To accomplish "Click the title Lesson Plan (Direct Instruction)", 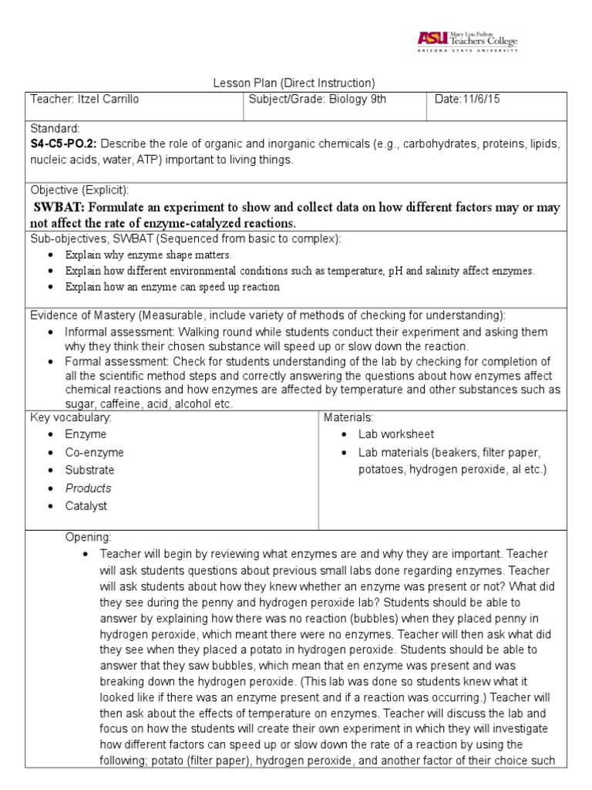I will [293, 83].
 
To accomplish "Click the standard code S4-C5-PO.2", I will [63, 145].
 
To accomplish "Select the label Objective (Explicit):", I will [79, 190].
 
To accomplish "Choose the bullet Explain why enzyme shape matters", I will [148, 255].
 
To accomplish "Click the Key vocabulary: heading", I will [70, 417].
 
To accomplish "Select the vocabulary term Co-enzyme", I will [94, 453].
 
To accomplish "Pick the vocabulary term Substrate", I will [89, 470].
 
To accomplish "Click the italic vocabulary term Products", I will [88, 488].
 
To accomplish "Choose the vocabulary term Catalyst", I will [86, 506].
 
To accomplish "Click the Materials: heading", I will [348, 417].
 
